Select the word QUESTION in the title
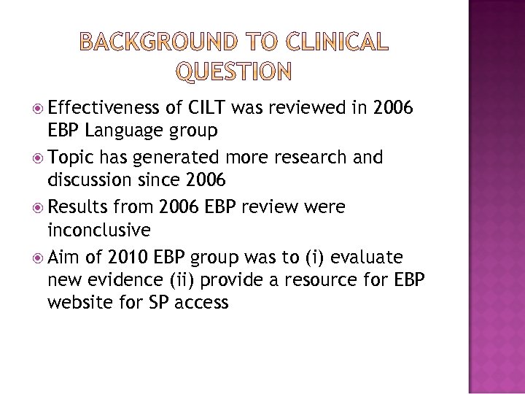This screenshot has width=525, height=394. point(234,71)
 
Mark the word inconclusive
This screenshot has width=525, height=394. point(98,231)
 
